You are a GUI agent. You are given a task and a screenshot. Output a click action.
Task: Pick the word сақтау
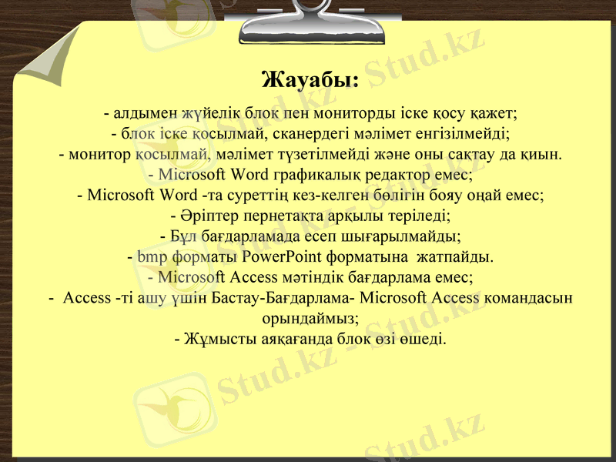coord(467,153)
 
